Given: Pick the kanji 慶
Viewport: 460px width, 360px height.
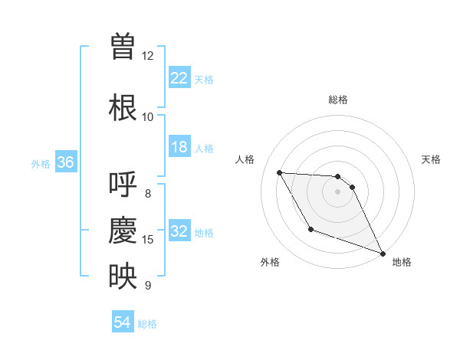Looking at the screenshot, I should click(x=123, y=231).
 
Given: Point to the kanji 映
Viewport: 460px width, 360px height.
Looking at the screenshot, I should click(x=123, y=277).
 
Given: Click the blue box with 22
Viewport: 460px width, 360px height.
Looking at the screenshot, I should click(x=179, y=78).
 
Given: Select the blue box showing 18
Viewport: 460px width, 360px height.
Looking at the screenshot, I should click(x=179, y=147).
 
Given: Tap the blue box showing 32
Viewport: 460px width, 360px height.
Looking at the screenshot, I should click(x=179, y=231).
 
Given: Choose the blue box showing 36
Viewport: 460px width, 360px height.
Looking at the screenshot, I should click(x=65, y=162).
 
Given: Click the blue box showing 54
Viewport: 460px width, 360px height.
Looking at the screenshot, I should click(x=123, y=323).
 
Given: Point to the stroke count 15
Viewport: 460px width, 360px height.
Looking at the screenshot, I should click(x=148, y=240).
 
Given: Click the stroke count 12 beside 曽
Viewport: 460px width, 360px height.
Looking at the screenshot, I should click(x=148, y=56).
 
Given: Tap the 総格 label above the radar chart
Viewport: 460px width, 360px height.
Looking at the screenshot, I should click(x=338, y=100).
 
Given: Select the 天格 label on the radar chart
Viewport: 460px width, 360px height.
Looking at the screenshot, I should click(x=431, y=159).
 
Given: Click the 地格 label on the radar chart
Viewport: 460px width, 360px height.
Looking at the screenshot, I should click(x=402, y=262).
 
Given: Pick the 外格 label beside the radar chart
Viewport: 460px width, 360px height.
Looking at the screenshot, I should click(x=270, y=262).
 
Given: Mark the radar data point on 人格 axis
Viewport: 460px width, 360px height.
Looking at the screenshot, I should click(x=279, y=172).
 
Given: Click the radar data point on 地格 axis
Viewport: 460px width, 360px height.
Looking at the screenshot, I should click(x=383, y=254).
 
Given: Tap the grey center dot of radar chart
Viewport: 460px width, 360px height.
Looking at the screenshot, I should click(x=338, y=191).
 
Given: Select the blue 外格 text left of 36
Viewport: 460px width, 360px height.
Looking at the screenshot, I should click(x=40, y=163).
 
